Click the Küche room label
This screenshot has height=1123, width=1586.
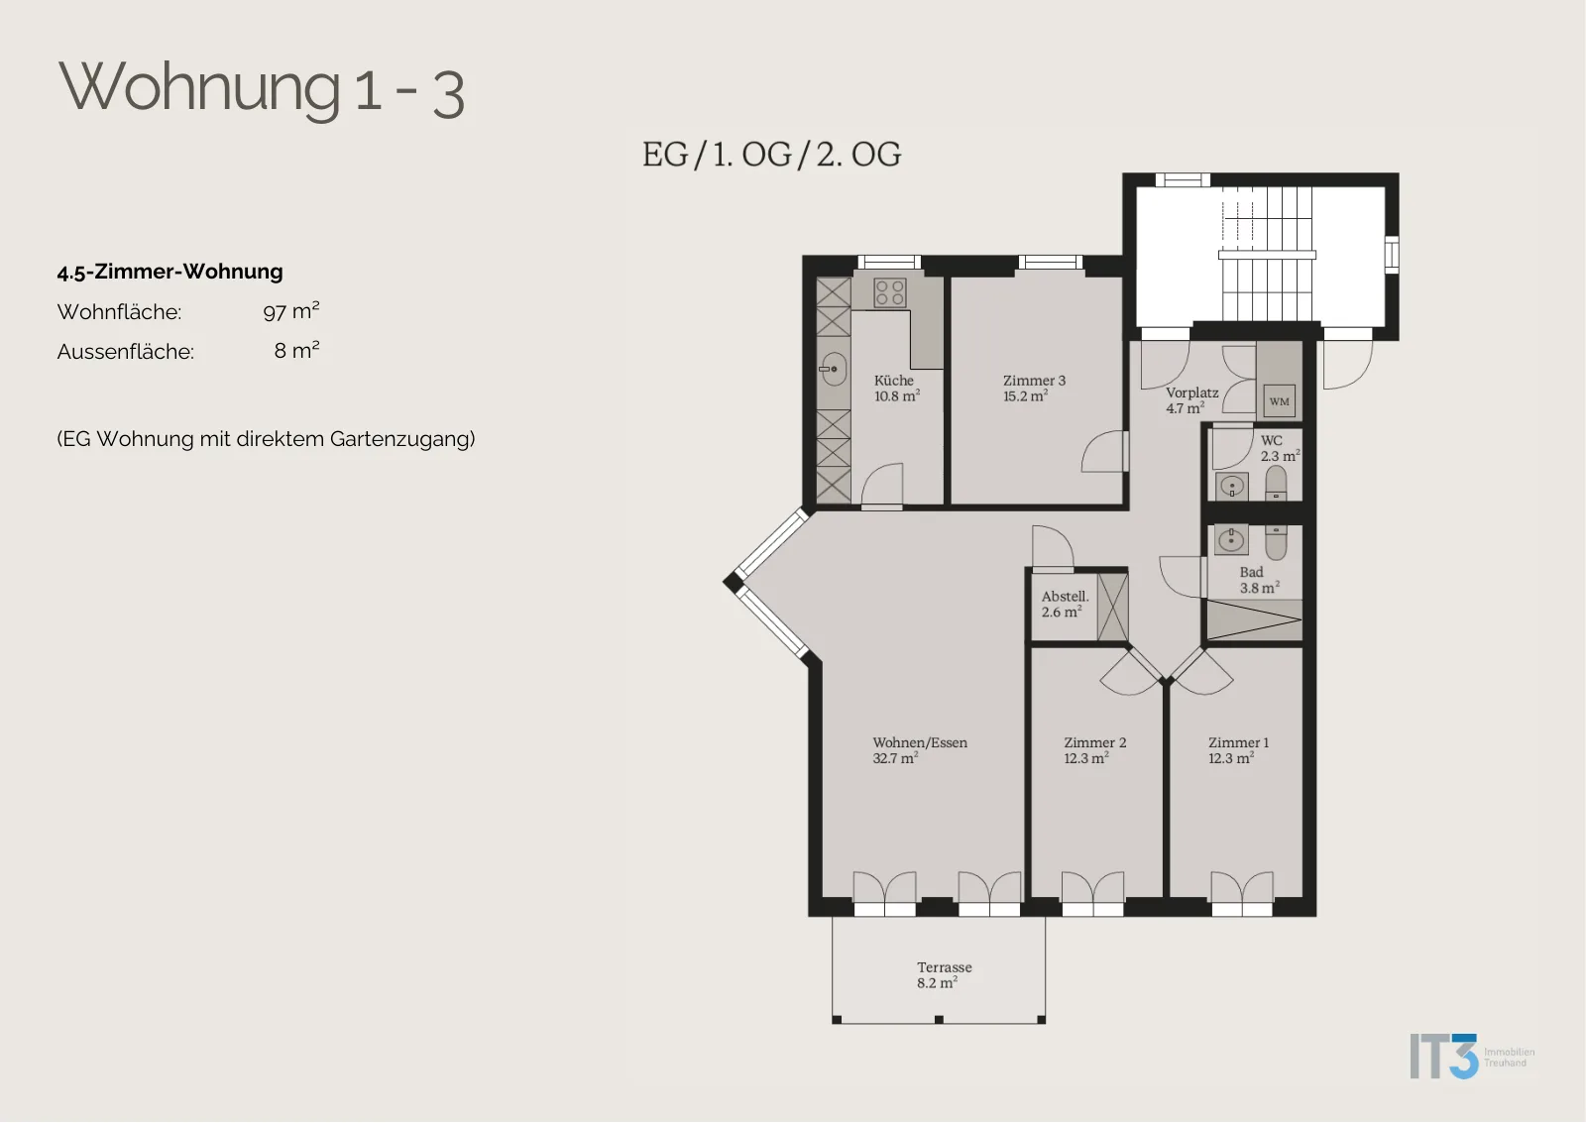[893, 381]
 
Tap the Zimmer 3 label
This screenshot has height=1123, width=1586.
[1034, 381]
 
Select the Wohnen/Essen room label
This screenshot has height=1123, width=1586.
[920, 742]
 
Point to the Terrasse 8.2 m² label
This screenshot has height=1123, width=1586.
[945, 975]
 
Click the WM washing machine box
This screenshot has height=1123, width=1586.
[1280, 401]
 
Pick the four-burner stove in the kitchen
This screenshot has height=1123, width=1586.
[890, 292]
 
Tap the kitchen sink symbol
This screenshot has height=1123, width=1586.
[834, 369]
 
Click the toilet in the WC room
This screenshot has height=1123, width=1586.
[1276, 483]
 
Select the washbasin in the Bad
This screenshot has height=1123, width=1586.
[1231, 541]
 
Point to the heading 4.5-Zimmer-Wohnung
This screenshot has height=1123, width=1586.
[170, 272]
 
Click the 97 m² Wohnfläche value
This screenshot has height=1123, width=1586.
[291, 311]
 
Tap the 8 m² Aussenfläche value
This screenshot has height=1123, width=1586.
[296, 350]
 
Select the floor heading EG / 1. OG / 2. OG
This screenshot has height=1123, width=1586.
[772, 155]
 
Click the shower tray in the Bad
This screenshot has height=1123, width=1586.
[1254, 619]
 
